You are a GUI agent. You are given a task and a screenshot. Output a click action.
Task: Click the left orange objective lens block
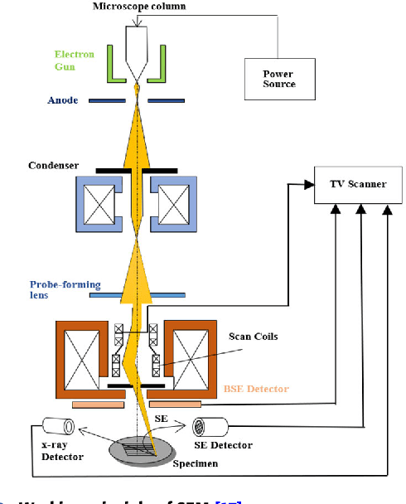(x=81, y=356)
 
